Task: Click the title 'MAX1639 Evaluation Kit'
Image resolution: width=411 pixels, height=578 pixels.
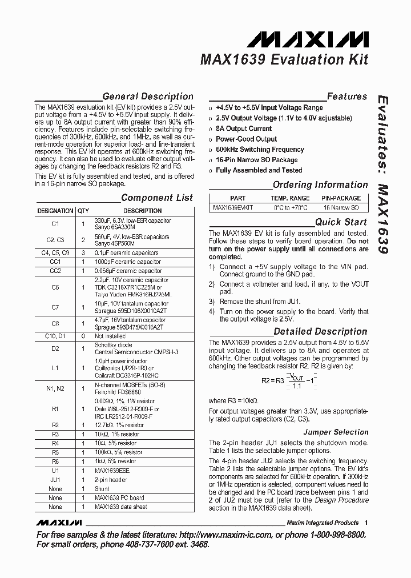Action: click(284, 60)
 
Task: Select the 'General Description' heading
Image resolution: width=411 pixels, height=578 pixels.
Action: click(148, 97)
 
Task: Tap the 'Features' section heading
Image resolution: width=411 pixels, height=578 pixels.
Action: click(346, 97)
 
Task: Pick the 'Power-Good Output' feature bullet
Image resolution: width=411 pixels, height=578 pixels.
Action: click(246, 139)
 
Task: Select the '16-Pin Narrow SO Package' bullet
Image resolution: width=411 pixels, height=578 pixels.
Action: click(256, 160)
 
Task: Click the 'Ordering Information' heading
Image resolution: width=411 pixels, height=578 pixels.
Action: click(320, 184)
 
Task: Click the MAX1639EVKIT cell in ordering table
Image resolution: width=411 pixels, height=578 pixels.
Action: click(233, 208)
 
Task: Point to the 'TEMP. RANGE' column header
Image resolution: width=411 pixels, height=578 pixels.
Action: click(291, 198)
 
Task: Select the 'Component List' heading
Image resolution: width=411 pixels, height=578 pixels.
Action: click(157, 198)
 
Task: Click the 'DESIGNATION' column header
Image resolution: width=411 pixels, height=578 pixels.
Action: click(55, 211)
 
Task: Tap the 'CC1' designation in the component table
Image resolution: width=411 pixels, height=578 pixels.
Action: click(55, 262)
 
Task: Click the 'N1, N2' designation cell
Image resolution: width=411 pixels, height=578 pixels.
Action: click(55, 388)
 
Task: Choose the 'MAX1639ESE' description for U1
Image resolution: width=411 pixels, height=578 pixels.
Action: click(113, 471)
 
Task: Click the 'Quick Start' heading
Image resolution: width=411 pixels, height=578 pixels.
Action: click(341, 222)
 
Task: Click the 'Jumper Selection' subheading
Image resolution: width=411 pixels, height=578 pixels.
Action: click(336, 432)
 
